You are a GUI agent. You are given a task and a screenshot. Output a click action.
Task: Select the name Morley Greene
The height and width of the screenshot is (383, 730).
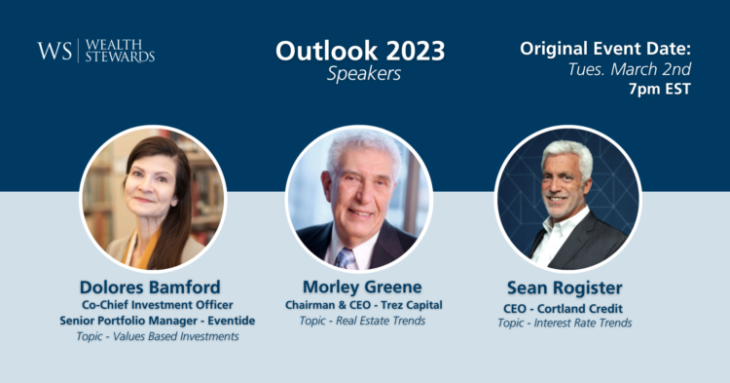tap(363, 287)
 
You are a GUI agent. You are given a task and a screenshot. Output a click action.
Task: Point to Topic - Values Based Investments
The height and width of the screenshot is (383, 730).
tap(157, 336)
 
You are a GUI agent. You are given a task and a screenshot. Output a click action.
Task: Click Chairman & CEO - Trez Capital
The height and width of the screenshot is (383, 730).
tap(363, 305)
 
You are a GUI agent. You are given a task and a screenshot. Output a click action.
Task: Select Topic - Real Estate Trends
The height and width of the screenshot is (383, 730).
tap(363, 321)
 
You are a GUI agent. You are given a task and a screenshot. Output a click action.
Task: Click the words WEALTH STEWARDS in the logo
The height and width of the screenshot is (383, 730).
tap(121, 51)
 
